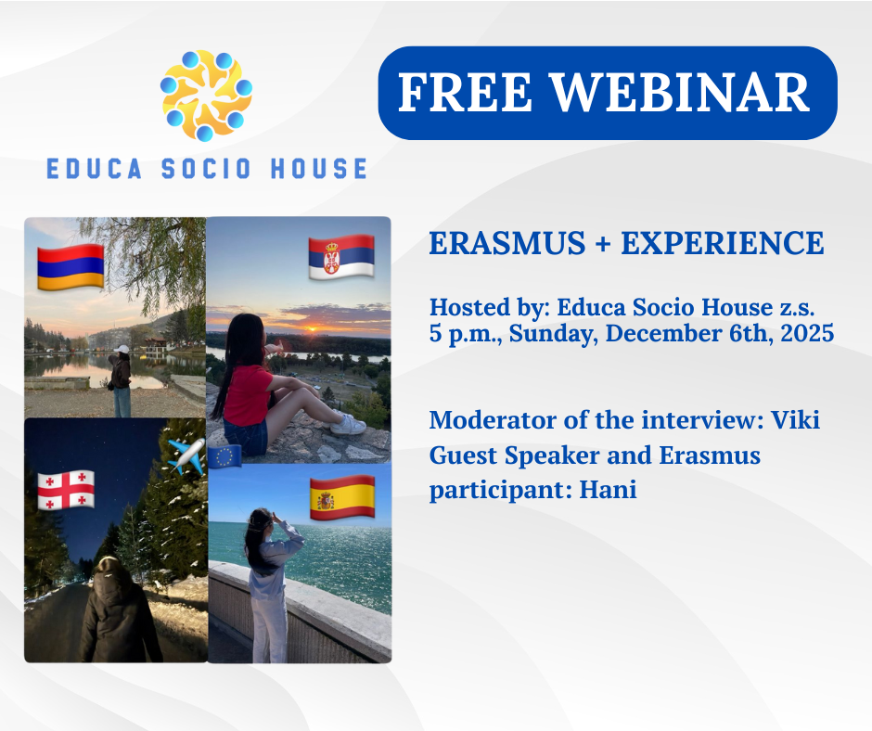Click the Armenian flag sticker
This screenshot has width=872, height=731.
tap(71, 266)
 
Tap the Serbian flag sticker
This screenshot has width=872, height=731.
tap(341, 256)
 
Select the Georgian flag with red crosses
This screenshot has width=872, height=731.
tap(66, 490)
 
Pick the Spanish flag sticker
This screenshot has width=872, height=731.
tap(342, 497)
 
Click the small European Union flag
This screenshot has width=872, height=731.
tap(224, 456)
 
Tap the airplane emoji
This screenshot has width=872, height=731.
tap(186, 455)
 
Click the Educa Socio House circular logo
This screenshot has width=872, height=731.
tap(206, 96)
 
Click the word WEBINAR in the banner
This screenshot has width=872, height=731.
tap(680, 92)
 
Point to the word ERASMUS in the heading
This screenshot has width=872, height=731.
tap(507, 243)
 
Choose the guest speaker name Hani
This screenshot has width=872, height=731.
tap(608, 490)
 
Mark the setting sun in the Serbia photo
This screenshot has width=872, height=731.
tap(312, 329)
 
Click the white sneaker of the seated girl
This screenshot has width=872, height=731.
tap(348, 425)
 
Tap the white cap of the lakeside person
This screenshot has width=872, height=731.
tap(122, 349)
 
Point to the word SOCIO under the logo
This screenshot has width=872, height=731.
tap(206, 169)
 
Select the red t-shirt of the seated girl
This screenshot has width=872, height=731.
tap(247, 394)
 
